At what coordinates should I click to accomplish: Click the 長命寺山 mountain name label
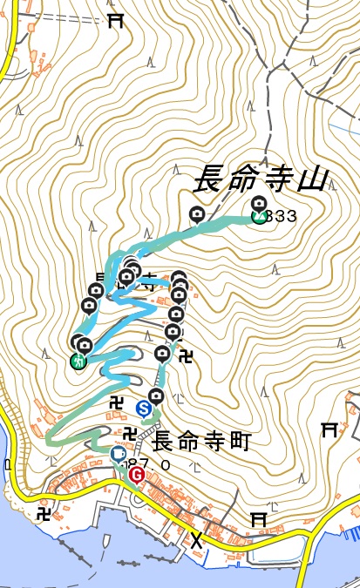(x=259, y=179)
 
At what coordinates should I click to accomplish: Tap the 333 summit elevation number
(x=282, y=216)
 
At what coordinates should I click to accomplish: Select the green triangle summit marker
(x=259, y=216)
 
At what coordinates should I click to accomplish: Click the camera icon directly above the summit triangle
(x=258, y=203)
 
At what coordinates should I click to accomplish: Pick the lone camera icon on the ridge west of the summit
(x=197, y=213)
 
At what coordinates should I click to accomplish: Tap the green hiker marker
(x=78, y=360)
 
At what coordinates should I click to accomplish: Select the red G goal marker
(x=136, y=475)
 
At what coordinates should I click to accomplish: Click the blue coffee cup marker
(x=119, y=454)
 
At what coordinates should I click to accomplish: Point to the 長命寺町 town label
(x=200, y=442)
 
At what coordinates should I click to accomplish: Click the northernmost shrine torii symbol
(x=114, y=21)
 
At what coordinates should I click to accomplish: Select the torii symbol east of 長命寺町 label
(x=329, y=429)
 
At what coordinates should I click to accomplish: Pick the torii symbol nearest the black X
(x=257, y=517)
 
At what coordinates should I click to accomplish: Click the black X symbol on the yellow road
(x=198, y=540)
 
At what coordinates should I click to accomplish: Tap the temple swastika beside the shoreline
(x=44, y=513)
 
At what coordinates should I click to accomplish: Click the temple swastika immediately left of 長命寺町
(x=130, y=434)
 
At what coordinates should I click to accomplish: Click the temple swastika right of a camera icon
(x=185, y=355)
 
